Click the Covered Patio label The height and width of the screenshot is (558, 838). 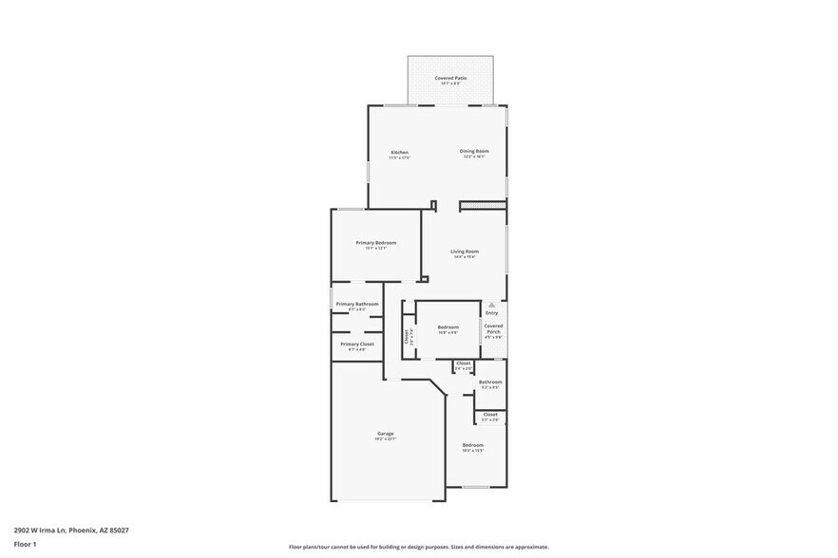pyautogui.click(x=451, y=78)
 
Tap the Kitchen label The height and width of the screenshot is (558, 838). pyautogui.click(x=400, y=153)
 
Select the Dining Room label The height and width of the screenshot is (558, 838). pyautogui.click(x=474, y=152)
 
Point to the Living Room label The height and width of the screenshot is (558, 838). pyautogui.click(x=465, y=251)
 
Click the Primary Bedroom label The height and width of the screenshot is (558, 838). pyautogui.click(x=376, y=243)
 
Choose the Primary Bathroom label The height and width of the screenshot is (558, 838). pyautogui.click(x=357, y=304)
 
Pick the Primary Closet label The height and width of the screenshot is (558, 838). pyautogui.click(x=357, y=344)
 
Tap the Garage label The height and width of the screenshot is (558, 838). pyautogui.click(x=386, y=434)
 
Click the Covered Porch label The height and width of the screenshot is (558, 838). pyautogui.click(x=493, y=329)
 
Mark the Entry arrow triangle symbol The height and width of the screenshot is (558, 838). pyautogui.click(x=492, y=305)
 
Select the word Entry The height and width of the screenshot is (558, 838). pyautogui.click(x=492, y=313)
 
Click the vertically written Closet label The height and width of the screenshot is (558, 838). pyautogui.click(x=407, y=336)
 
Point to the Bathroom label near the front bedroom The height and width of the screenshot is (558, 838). pyautogui.click(x=490, y=381)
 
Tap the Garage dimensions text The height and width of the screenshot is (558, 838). pyautogui.click(x=386, y=439)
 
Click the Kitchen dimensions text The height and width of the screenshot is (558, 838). pyautogui.click(x=400, y=158)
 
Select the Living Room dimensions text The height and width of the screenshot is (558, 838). pyautogui.click(x=465, y=257)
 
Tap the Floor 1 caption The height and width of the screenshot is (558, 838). pyautogui.click(x=25, y=544)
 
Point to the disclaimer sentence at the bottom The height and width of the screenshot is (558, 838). pyautogui.click(x=418, y=547)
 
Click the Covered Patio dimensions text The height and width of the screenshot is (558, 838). pyautogui.click(x=451, y=84)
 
